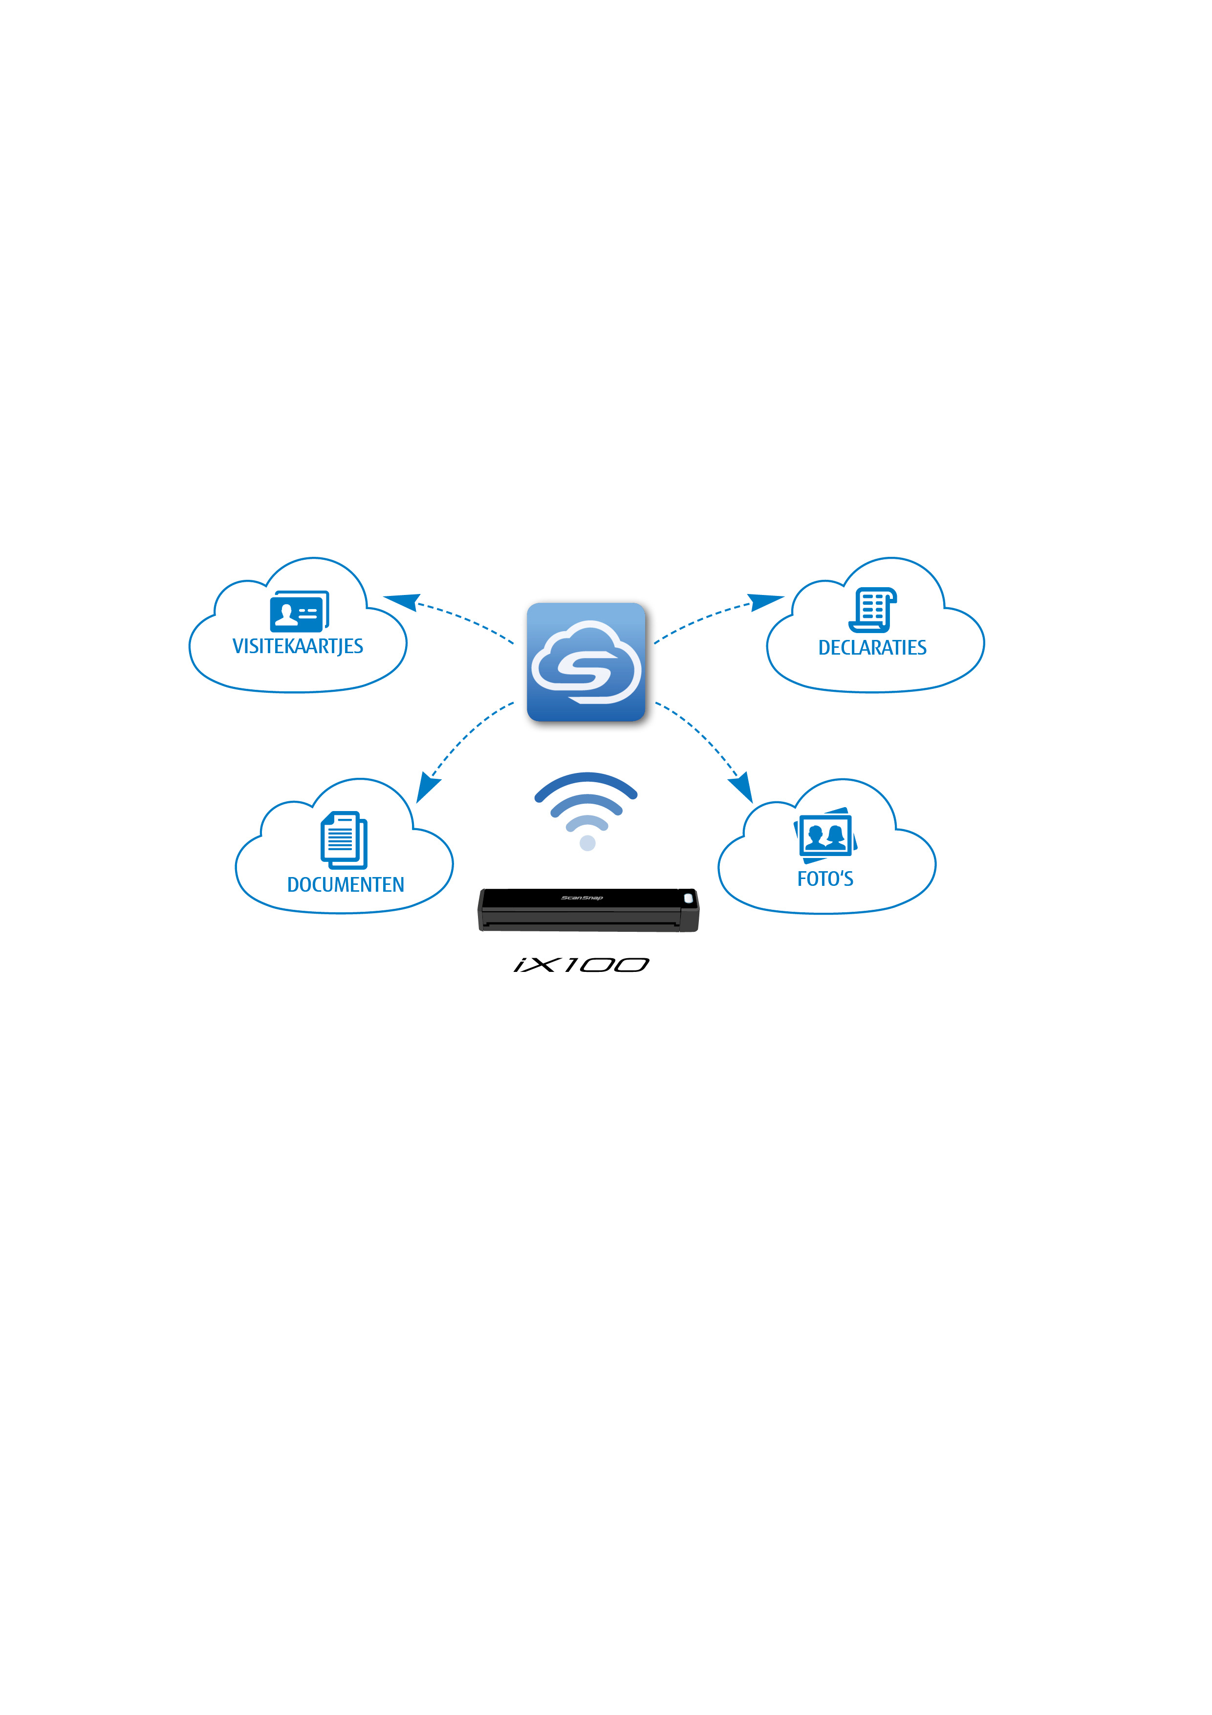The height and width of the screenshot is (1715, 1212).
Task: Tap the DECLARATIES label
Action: [x=872, y=648]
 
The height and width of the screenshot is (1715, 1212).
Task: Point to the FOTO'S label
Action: [x=825, y=879]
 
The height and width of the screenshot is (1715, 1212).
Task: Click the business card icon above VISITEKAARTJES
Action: [x=300, y=612]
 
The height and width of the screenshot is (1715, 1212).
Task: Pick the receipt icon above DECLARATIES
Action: [x=872, y=610]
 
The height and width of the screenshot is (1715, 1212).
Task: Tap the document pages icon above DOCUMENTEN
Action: [x=344, y=840]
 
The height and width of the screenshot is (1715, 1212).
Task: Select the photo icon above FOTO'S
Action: [x=825, y=835]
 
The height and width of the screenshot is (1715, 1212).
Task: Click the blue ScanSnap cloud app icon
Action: [x=586, y=662]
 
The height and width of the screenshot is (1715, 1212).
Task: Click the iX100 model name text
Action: [x=582, y=965]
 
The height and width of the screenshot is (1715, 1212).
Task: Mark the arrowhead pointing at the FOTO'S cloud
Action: [x=741, y=789]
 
